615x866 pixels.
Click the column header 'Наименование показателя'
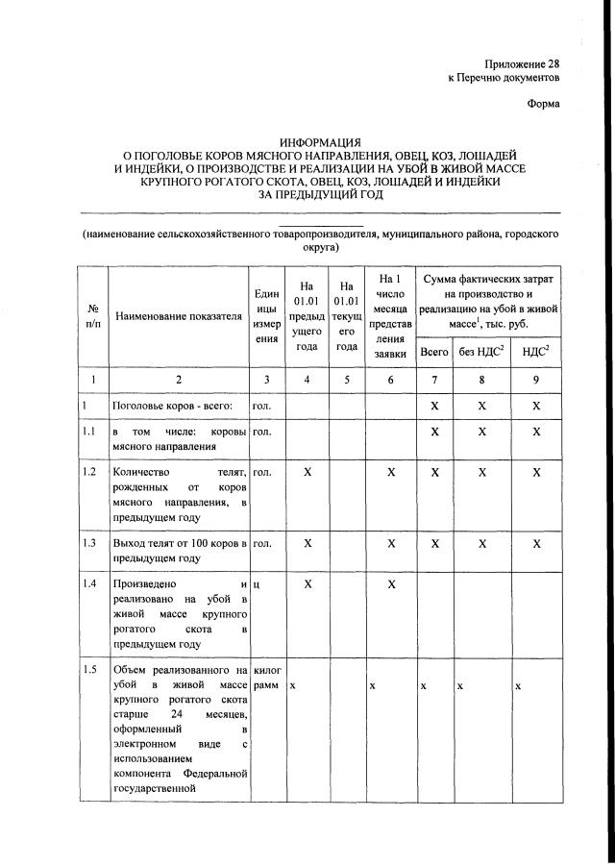178,315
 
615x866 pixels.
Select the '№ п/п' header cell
94,315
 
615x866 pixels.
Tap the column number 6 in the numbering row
391,380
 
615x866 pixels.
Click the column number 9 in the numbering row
536,380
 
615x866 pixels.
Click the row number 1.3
90,543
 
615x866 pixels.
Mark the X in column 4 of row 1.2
307,472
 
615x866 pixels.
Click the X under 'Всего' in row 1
434,407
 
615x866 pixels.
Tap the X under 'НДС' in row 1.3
536,543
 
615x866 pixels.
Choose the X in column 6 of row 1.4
391,583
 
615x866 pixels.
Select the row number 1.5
90,670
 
